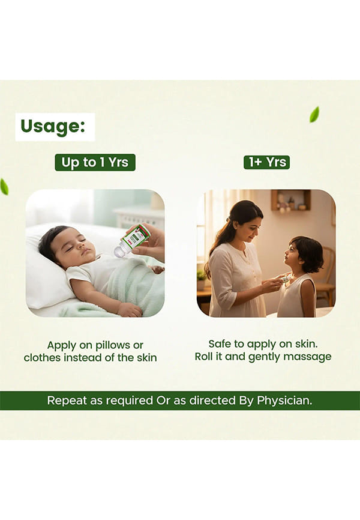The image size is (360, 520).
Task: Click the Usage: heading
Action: click(x=53, y=127)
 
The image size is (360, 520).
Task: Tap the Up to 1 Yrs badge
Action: click(x=95, y=163)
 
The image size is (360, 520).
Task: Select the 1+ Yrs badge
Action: click(x=266, y=162)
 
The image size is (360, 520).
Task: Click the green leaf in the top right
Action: click(x=314, y=115)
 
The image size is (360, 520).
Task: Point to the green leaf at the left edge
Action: click(x=4, y=186)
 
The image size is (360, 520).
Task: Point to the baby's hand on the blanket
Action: click(x=131, y=309)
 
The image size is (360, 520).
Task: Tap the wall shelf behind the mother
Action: click(x=291, y=200)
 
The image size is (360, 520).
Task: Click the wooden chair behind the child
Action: click(x=325, y=275)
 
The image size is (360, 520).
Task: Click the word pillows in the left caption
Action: click(x=112, y=345)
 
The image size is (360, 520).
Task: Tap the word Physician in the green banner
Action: click(x=284, y=401)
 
